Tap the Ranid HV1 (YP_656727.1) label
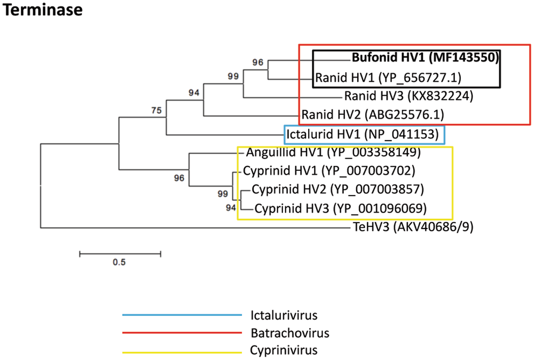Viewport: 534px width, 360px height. click(x=388, y=78)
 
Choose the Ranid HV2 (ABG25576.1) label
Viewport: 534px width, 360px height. click(x=372, y=114)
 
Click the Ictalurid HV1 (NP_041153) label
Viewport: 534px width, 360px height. click(x=363, y=134)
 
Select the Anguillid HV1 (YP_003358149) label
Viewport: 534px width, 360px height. click(x=334, y=153)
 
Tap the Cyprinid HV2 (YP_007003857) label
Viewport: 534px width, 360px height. click(x=337, y=189)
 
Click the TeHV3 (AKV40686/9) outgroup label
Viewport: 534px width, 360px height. click(x=413, y=228)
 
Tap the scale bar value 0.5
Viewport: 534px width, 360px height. click(x=119, y=262)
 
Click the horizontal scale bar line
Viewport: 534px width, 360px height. click(x=120, y=253)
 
